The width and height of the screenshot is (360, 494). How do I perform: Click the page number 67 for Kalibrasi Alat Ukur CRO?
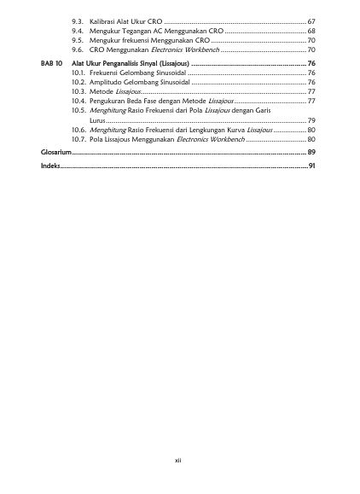pyautogui.click(x=311, y=20)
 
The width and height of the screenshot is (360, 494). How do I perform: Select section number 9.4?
pyautogui.click(x=78, y=30)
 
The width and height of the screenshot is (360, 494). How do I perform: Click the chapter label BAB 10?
pyautogui.click(x=52, y=64)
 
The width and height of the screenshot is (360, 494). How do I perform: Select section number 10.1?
pyautogui.click(x=78, y=73)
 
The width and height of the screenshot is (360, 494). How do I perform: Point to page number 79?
pyautogui.click(x=311, y=119)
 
